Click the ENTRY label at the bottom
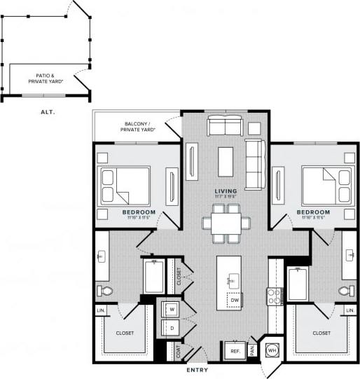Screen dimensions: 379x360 click(x=201, y=370)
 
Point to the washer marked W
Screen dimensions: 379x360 click(x=171, y=309)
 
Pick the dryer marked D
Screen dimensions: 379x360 click(x=171, y=327)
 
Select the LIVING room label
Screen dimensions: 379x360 click(x=226, y=191)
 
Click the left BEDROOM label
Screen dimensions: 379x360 click(x=139, y=212)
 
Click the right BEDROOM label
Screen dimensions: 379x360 click(x=312, y=212)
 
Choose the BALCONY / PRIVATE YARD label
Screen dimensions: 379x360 click(x=139, y=125)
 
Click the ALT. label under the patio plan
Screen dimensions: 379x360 click(x=48, y=111)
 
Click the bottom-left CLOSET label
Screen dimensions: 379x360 click(x=125, y=333)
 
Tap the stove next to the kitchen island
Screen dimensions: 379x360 click(x=273, y=296)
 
